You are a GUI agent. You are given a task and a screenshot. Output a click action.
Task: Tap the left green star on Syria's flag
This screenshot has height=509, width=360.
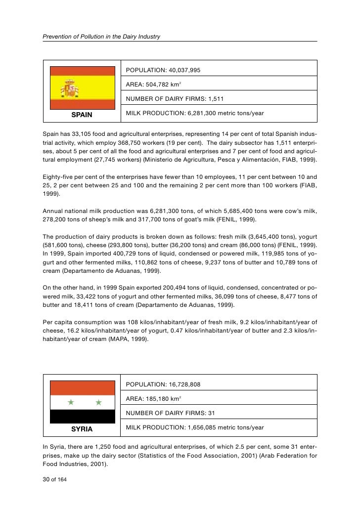pos(71,402)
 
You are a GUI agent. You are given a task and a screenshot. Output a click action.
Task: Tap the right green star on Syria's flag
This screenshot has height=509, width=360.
pos(98,402)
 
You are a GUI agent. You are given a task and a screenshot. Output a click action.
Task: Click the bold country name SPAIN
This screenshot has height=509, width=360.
pos(82,115)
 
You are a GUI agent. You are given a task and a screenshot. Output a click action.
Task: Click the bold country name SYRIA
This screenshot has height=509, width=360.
pos(82,429)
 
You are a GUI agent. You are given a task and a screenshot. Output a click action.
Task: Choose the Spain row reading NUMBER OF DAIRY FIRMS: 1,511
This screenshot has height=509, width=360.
pos(175,99)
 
